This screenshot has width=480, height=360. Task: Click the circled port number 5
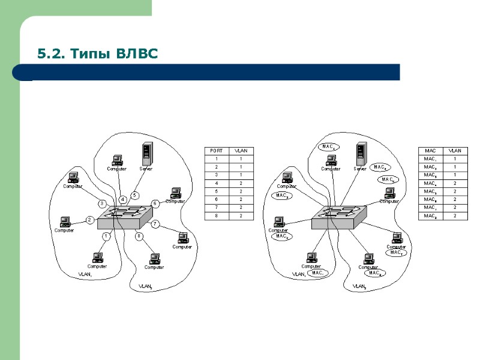click(134, 195)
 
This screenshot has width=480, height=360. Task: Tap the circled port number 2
click(89, 220)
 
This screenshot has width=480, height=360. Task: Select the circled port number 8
click(139, 236)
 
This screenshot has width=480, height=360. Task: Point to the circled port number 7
click(154, 224)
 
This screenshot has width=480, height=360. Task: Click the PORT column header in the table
click(214, 150)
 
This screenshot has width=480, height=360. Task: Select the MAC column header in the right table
click(429, 150)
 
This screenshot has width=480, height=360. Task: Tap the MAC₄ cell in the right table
click(429, 183)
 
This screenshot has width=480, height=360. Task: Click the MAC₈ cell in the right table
click(429, 215)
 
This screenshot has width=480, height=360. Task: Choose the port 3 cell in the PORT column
click(214, 175)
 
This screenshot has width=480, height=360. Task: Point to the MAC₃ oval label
click(281, 195)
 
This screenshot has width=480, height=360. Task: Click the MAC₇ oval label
click(396, 253)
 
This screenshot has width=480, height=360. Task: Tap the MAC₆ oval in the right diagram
click(387, 179)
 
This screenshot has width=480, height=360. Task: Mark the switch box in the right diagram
click(337, 217)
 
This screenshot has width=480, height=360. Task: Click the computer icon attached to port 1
click(97, 257)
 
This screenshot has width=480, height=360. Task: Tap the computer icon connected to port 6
click(175, 193)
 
